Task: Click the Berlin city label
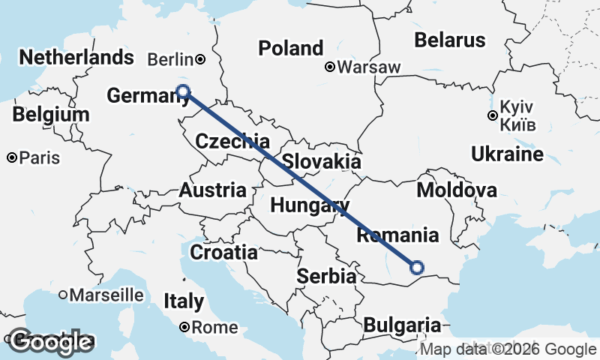click(171, 59)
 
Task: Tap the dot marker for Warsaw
click(329, 67)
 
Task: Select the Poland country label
click(290, 48)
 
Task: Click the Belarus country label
click(450, 40)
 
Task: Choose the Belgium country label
click(51, 115)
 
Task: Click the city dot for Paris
click(13, 158)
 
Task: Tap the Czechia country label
click(232, 141)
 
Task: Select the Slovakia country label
click(322, 161)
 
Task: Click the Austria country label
click(212, 190)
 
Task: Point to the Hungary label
click(310, 205)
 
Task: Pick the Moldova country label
click(456, 190)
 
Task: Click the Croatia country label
click(223, 252)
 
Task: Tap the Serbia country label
click(325, 276)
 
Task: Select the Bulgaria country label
click(402, 325)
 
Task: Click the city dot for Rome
click(184, 327)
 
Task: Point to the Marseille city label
click(106, 295)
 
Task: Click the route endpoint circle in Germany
click(183, 91)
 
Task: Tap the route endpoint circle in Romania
click(417, 267)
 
